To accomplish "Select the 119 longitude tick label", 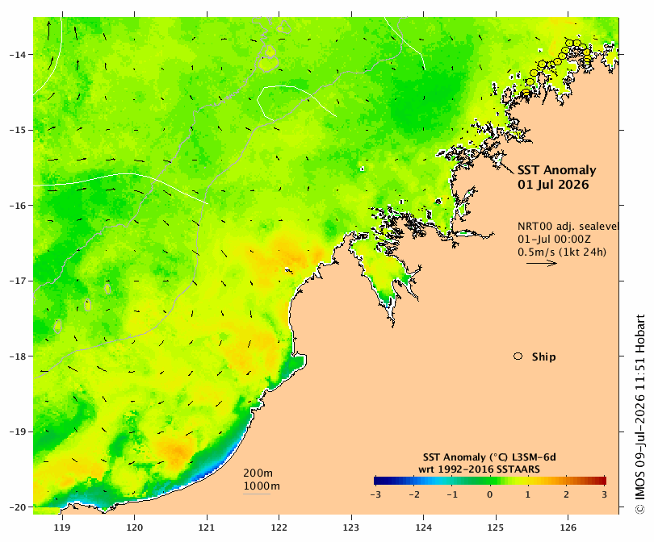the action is (62, 527).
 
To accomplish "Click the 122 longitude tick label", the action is (279, 527).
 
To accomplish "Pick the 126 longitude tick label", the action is (568, 527).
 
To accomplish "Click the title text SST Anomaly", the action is (557, 170).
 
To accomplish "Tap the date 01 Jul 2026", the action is (553, 185).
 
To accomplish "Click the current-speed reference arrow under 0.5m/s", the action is (542, 263).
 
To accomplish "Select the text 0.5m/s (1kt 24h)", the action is (562, 252).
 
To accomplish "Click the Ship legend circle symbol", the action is (518, 356).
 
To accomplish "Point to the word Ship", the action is (544, 357).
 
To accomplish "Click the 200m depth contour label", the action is (258, 473).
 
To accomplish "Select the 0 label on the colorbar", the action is (489, 495).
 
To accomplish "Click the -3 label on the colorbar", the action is (375, 495).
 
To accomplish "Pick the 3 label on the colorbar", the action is (605, 495).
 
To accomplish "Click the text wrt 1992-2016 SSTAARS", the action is (480, 469).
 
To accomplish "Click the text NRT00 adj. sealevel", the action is (568, 226).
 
